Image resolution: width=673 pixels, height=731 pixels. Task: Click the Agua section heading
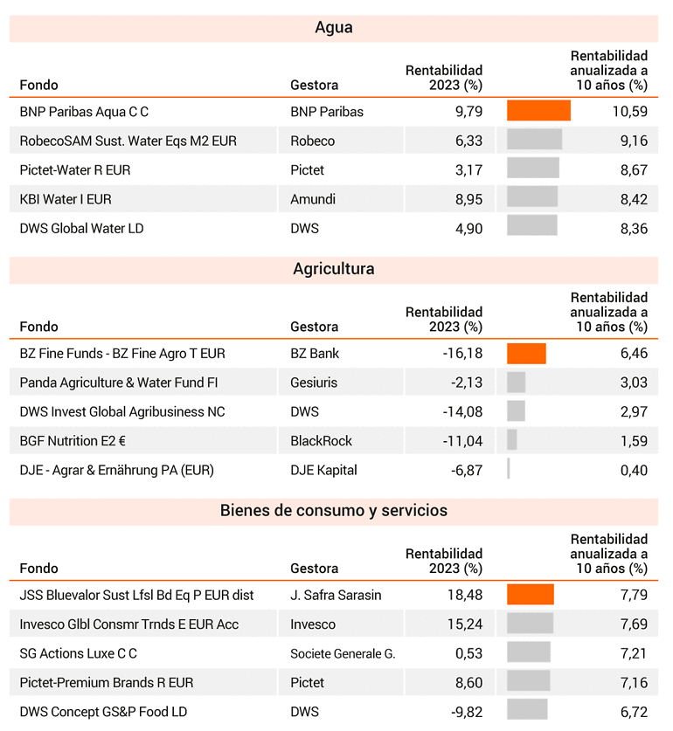[334, 28]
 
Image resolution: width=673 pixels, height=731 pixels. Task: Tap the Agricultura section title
[334, 269]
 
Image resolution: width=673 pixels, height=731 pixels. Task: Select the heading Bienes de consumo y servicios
[334, 511]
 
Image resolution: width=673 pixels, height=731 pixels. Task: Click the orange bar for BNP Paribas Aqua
[538, 111]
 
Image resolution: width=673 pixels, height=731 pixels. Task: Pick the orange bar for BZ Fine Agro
[526, 354]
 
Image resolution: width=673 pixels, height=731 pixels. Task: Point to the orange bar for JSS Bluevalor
[531, 595]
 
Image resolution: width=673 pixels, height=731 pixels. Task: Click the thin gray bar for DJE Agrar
[509, 469]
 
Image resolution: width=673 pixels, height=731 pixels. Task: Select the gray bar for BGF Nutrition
[512, 439]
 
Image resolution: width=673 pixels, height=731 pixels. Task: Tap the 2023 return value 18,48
[465, 596]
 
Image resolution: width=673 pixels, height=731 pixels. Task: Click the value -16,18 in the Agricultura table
[462, 354]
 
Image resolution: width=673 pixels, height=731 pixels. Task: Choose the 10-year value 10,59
[630, 112]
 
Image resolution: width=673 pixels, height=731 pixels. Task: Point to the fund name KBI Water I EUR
[66, 199]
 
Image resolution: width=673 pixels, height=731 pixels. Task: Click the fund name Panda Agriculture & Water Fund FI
[119, 383]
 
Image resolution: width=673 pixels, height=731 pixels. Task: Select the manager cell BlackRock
[321, 441]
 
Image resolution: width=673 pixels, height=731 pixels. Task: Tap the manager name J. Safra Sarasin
[336, 596]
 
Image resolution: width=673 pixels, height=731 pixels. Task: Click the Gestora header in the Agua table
[314, 86]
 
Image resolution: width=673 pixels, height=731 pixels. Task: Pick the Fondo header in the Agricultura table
[38, 327]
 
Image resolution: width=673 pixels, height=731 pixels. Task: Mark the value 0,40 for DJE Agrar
[634, 471]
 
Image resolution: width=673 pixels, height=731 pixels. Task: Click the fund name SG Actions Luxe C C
[79, 653]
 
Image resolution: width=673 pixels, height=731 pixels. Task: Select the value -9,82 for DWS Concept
[467, 713]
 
